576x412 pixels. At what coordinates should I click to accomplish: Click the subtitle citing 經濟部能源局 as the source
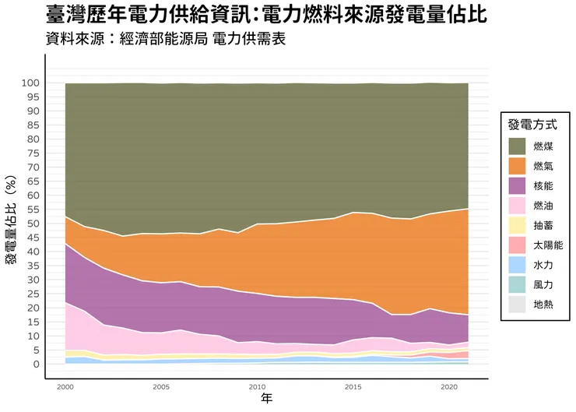pyautogui.click(x=166, y=39)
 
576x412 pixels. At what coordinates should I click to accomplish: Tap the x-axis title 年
pyautogui.click(x=266, y=398)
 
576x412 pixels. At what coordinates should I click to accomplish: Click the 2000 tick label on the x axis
pyautogui.click(x=66, y=386)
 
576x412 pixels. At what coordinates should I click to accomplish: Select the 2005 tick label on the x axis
pyautogui.click(x=161, y=386)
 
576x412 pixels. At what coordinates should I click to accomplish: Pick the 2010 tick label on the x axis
pyautogui.click(x=257, y=386)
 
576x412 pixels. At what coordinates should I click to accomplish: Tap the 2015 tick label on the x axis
pyautogui.click(x=353, y=386)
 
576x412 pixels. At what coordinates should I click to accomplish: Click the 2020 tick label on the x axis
pyautogui.click(x=448, y=386)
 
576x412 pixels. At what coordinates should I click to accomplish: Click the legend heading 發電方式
pyautogui.click(x=532, y=125)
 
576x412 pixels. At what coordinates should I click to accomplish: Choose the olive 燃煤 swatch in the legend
pyautogui.click(x=518, y=146)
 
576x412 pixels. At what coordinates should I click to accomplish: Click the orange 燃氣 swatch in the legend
pyautogui.click(x=518, y=166)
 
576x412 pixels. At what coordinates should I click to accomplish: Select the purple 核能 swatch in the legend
pyautogui.click(x=518, y=186)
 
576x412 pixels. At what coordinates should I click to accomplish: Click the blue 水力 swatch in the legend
pyautogui.click(x=518, y=265)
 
